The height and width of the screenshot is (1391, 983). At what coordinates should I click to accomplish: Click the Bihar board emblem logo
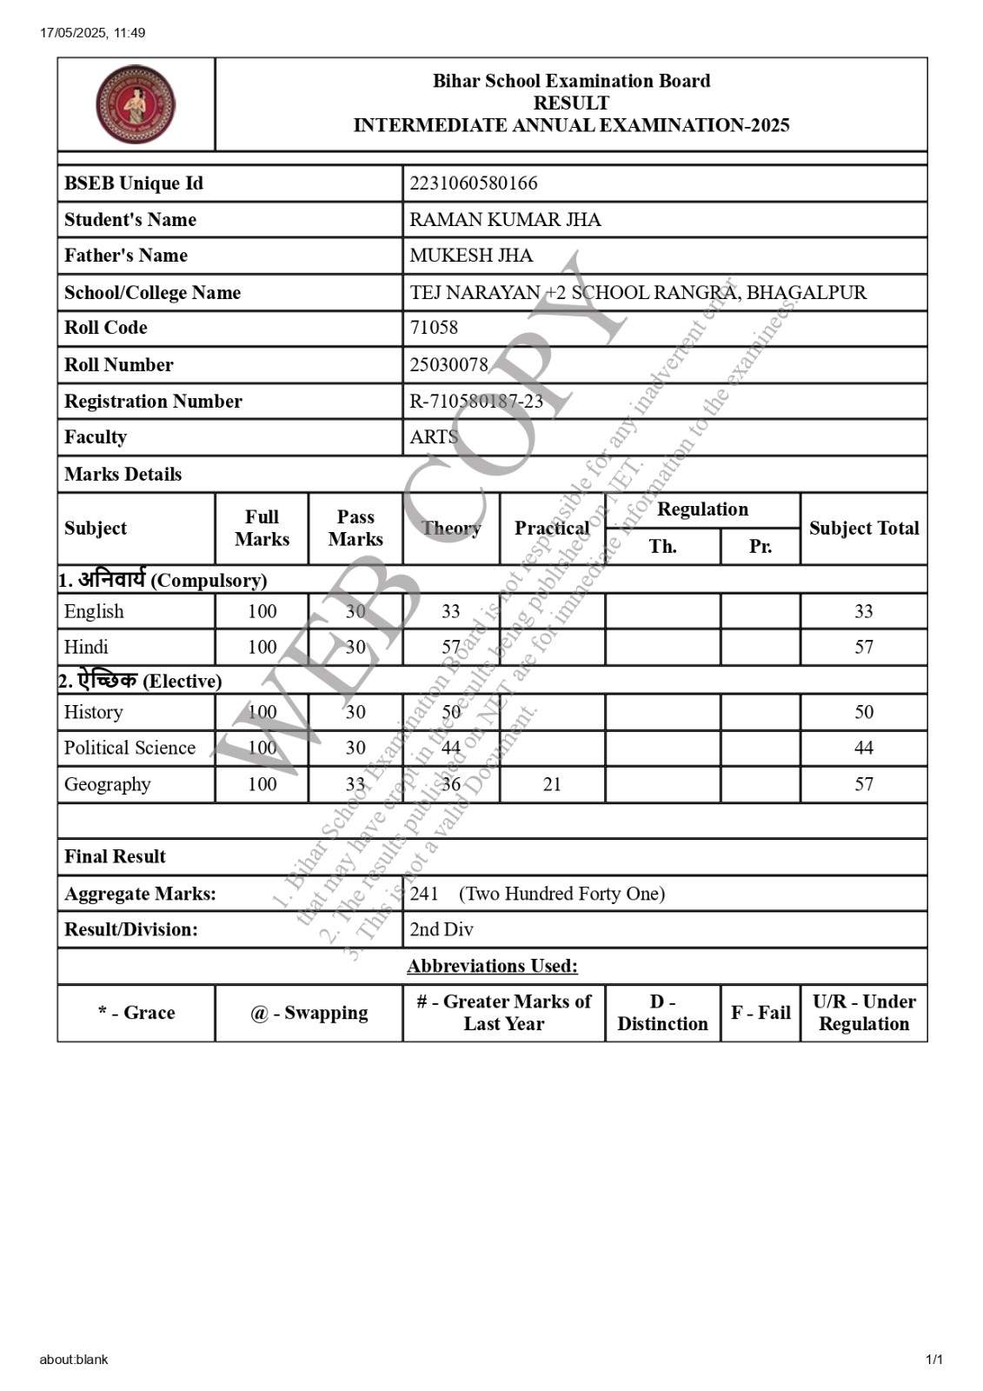click(136, 104)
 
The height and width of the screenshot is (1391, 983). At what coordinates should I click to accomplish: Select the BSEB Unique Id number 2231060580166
click(474, 183)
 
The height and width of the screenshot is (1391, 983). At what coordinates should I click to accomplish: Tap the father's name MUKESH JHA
click(471, 256)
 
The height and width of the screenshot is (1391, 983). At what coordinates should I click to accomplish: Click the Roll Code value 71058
click(434, 328)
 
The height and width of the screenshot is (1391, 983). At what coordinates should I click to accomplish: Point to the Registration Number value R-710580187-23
click(476, 401)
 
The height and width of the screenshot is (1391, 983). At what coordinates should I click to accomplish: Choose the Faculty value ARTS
click(434, 437)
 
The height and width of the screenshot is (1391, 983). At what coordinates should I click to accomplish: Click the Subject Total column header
click(863, 528)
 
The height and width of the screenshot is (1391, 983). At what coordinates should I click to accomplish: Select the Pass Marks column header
click(355, 528)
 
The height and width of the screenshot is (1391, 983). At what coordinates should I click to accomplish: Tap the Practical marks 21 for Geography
click(552, 784)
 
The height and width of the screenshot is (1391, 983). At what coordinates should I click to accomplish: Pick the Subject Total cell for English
click(863, 611)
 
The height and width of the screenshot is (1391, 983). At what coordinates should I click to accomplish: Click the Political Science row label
click(130, 748)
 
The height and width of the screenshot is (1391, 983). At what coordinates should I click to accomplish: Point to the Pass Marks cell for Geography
click(355, 784)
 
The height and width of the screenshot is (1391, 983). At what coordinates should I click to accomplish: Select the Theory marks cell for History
click(451, 712)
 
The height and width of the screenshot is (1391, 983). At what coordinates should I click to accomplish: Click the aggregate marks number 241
click(424, 894)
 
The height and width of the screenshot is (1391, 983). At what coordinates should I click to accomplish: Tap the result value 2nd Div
click(442, 929)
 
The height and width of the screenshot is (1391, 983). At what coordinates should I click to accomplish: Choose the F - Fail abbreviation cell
click(760, 1013)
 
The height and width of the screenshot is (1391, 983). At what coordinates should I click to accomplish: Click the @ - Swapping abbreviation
click(309, 1013)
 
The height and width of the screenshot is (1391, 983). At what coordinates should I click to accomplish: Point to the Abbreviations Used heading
click(492, 966)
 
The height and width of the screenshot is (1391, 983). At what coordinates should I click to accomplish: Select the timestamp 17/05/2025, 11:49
click(92, 33)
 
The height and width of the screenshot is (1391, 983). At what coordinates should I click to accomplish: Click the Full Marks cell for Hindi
click(262, 647)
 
